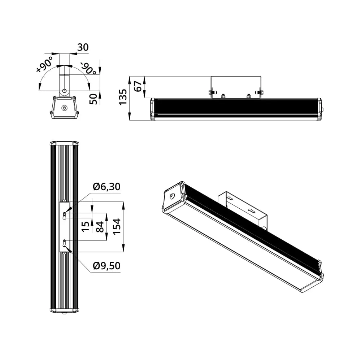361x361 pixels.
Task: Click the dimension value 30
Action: tap(83, 47)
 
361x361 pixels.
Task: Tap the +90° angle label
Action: tap(45, 64)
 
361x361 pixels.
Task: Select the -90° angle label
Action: tap(88, 68)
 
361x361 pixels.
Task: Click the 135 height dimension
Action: tap(123, 97)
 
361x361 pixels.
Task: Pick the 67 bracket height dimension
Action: tap(138, 86)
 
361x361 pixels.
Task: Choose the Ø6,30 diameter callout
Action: tap(106, 187)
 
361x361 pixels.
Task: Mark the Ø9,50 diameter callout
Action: tap(106, 266)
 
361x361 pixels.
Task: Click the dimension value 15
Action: tap(86, 226)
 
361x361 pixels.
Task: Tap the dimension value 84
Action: tap(100, 227)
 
